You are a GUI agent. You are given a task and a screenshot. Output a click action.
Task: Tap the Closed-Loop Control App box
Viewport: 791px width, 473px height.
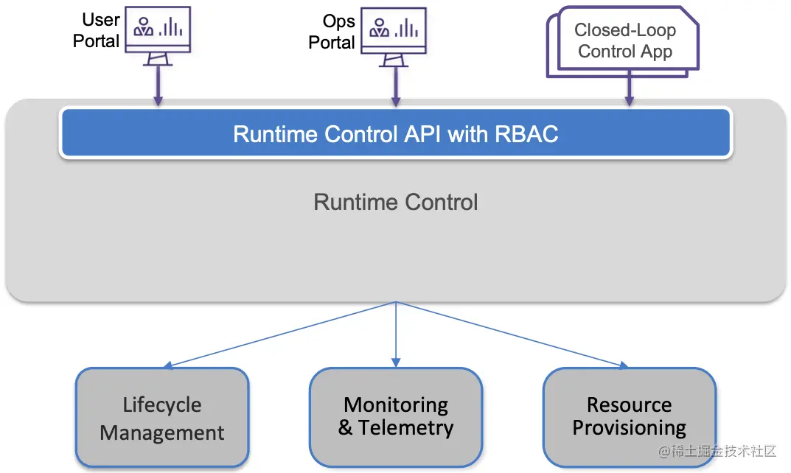pyautogui.click(x=625, y=41)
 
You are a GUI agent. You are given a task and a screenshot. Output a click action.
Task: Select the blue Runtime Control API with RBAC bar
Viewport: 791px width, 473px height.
pyautogui.click(x=395, y=133)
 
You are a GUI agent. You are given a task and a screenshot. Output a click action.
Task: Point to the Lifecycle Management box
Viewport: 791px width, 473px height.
pyautogui.click(x=162, y=418)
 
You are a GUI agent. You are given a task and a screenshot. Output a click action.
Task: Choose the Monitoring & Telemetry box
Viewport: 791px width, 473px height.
pyautogui.click(x=395, y=416)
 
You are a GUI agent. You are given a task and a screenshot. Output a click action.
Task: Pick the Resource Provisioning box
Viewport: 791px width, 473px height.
pyautogui.click(x=629, y=416)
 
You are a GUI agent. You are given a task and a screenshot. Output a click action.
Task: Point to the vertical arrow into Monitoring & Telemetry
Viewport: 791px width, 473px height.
pyautogui.click(x=396, y=335)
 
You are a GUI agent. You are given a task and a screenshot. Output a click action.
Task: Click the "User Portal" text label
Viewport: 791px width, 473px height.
pyautogui.click(x=97, y=30)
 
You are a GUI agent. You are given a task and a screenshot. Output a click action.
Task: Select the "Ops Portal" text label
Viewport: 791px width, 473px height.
pyautogui.click(x=332, y=32)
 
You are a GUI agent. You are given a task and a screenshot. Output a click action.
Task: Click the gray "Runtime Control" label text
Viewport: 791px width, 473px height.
pyautogui.click(x=395, y=203)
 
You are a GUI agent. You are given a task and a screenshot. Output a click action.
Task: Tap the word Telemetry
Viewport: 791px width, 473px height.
pyautogui.click(x=405, y=428)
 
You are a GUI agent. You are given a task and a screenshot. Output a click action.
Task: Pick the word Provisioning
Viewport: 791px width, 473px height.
pyautogui.click(x=629, y=428)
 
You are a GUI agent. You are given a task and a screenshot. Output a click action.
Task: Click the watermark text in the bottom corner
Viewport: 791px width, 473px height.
pyautogui.click(x=719, y=451)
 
